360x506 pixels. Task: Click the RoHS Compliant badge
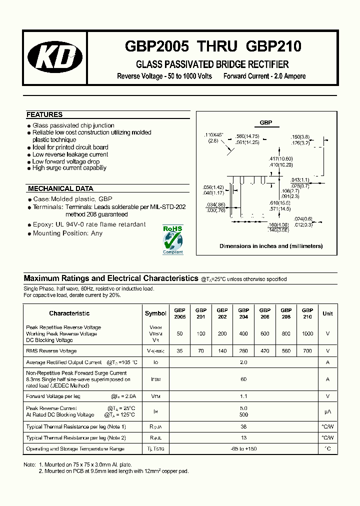[x=173, y=239]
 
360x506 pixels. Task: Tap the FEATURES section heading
[x=44, y=114]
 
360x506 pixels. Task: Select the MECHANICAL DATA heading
[x=60, y=188]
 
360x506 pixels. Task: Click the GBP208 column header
[x=286, y=313]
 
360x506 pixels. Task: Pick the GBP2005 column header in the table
[x=179, y=313]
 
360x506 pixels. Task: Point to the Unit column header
[x=327, y=313]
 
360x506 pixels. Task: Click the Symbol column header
[x=155, y=313]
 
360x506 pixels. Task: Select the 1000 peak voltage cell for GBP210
[x=307, y=333]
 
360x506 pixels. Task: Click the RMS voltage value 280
[x=243, y=351]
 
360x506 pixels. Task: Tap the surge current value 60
[x=243, y=379]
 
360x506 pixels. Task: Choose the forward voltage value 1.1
[x=243, y=396]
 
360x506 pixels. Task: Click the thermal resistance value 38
[x=243, y=426]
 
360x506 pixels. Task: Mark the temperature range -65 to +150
[x=243, y=449]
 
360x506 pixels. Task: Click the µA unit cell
[x=327, y=411]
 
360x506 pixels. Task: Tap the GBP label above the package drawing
[x=265, y=122]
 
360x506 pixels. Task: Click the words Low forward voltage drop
[x=66, y=161]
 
